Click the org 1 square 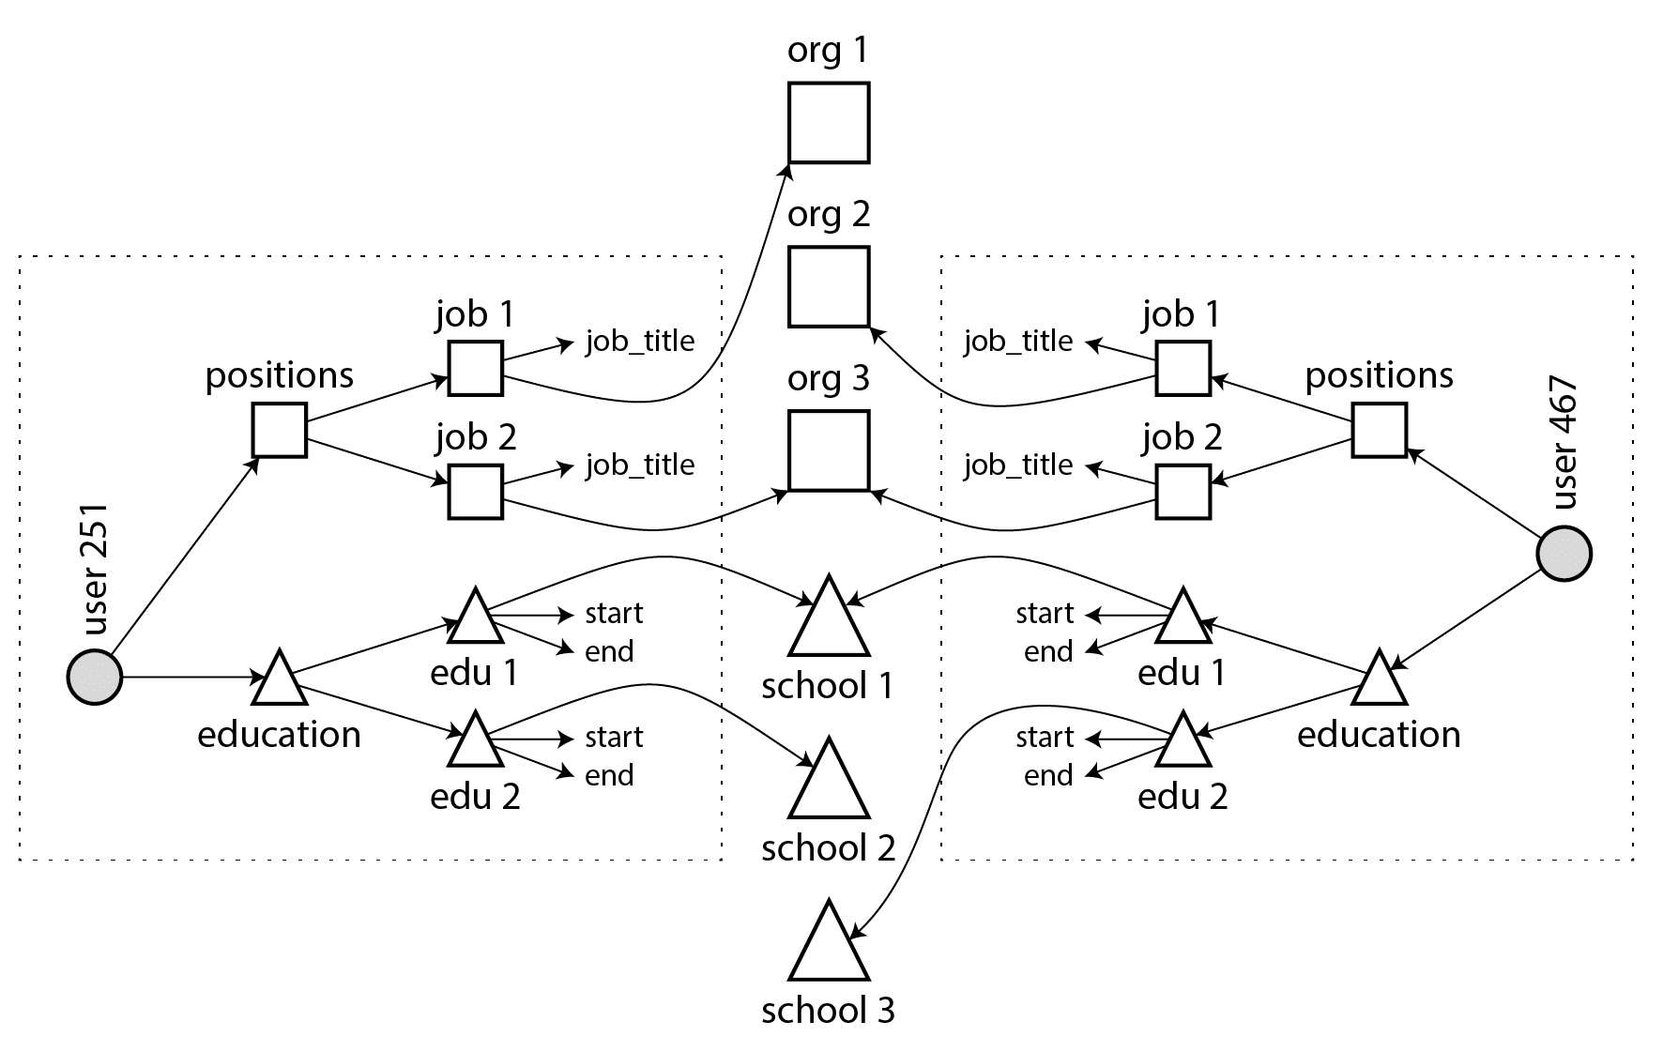pyautogui.click(x=829, y=123)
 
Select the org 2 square pyautogui.click(x=829, y=286)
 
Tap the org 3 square pyautogui.click(x=829, y=450)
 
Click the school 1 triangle pyautogui.click(x=829, y=621)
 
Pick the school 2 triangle pyautogui.click(x=829, y=784)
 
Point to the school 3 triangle pyautogui.click(x=829, y=946)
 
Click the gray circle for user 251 pyautogui.click(x=95, y=677)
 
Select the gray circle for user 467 pyautogui.click(x=1564, y=554)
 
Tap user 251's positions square pyautogui.click(x=280, y=430)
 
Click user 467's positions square pyautogui.click(x=1379, y=430)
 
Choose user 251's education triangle pyautogui.click(x=280, y=681)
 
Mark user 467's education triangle pyautogui.click(x=1379, y=681)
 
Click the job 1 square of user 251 pyautogui.click(x=476, y=368)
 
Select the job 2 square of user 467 pyautogui.click(x=1182, y=491)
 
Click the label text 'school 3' pyautogui.click(x=829, y=1011)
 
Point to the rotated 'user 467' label pyautogui.click(x=1564, y=443)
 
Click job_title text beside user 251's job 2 pyautogui.click(x=640, y=465)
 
